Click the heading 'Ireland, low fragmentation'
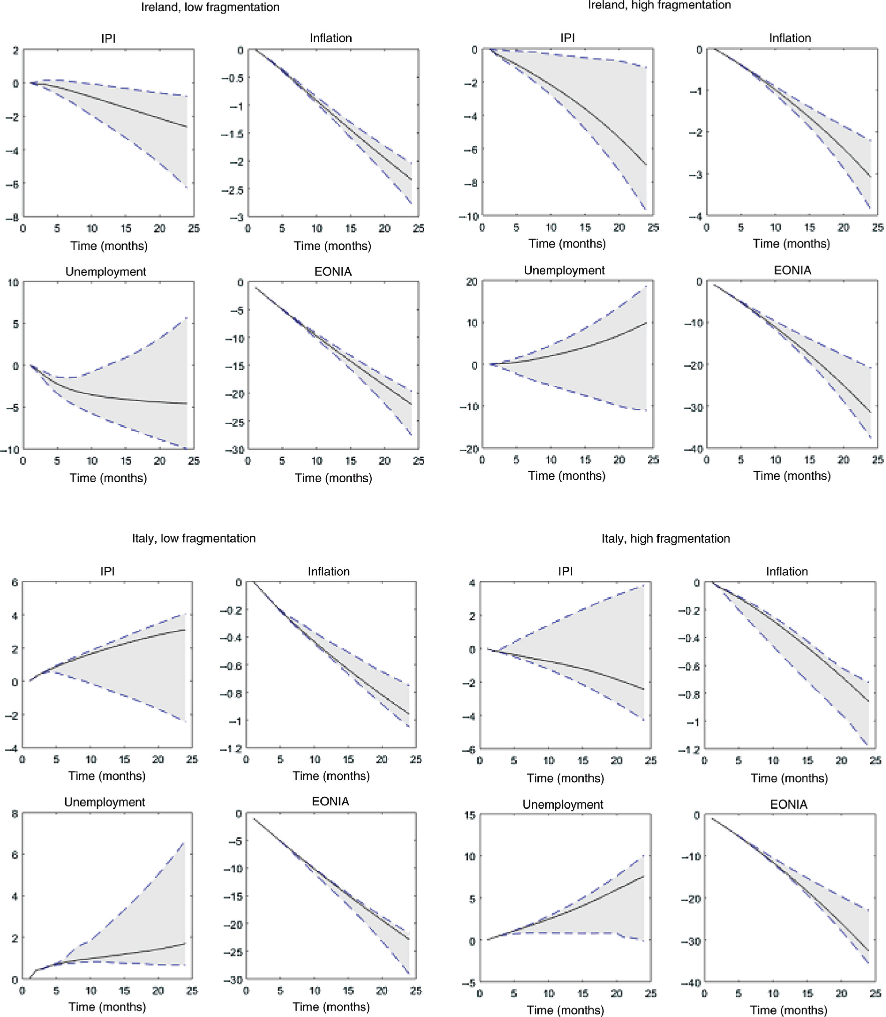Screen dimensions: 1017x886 pyautogui.click(x=210, y=7)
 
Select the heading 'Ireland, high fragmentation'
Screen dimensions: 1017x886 pyautogui.click(x=659, y=5)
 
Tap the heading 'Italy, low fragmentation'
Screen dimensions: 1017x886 pyautogui.click(x=194, y=538)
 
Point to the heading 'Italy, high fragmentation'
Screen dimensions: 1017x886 pyautogui.click(x=665, y=539)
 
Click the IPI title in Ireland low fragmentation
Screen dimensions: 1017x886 pyautogui.click(x=109, y=39)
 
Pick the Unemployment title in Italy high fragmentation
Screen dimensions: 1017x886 pyautogui.click(x=563, y=804)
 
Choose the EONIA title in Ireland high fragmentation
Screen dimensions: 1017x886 pyautogui.click(x=792, y=270)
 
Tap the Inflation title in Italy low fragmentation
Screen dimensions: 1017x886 pyautogui.click(x=329, y=571)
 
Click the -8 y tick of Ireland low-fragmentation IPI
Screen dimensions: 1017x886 pyautogui.click(x=13, y=218)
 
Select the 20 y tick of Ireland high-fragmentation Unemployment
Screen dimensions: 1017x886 pyautogui.click(x=472, y=282)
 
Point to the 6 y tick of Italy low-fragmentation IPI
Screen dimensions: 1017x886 pyautogui.click(x=15, y=582)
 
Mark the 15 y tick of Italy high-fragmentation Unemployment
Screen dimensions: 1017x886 pyautogui.click(x=470, y=815)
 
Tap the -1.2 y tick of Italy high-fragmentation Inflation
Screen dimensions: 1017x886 pyautogui.click(x=689, y=750)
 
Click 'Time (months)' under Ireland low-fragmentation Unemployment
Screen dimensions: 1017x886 pyautogui.click(x=108, y=478)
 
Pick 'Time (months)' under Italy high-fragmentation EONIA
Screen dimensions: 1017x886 pyautogui.click(x=788, y=1010)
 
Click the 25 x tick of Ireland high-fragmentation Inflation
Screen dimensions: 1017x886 pyautogui.click(x=877, y=228)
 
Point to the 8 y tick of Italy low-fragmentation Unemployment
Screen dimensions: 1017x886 pyautogui.click(x=15, y=814)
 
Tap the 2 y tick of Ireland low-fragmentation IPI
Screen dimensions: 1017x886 pyautogui.click(x=16, y=50)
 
